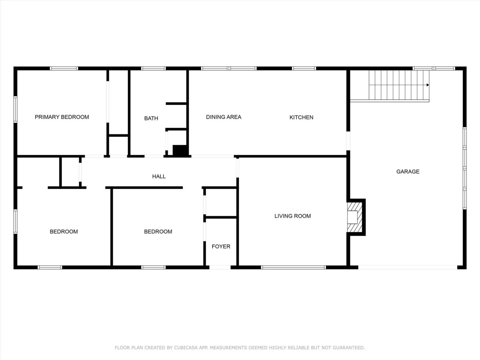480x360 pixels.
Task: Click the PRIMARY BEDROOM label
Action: coord(62,117)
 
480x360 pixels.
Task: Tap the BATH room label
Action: coord(151,118)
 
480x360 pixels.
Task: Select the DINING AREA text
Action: coord(224,117)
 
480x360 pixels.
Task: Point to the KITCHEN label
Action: coord(301,117)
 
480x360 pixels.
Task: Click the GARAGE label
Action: coord(408,172)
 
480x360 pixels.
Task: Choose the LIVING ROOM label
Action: coord(292,216)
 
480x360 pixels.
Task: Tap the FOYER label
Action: coord(221,246)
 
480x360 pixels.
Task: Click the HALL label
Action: coord(159,176)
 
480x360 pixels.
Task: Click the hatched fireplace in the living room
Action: coord(354,217)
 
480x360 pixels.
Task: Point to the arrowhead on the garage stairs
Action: coord(428,85)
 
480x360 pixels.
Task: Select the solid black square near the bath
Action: coord(180,150)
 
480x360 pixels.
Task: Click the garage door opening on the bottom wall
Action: coord(408,267)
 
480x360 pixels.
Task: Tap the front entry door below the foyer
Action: coord(220,267)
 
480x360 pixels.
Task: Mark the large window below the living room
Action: coord(293,267)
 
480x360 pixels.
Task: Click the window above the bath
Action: coord(153,68)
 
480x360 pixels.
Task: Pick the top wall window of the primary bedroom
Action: coord(64,68)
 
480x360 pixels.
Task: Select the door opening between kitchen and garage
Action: coord(348,141)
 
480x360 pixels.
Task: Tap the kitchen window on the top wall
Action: coord(304,68)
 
